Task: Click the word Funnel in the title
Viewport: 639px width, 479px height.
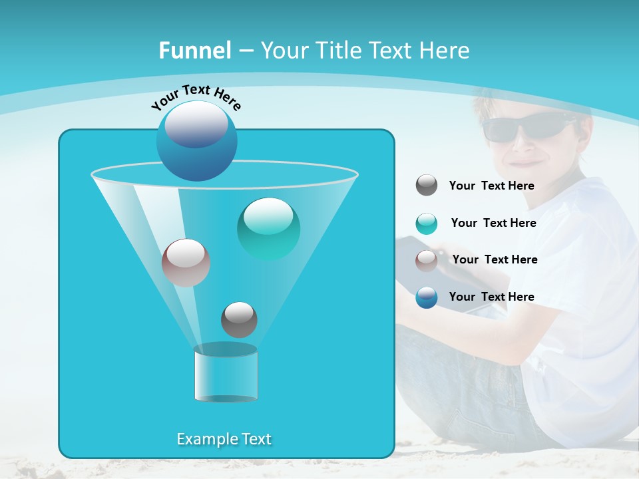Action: (x=194, y=51)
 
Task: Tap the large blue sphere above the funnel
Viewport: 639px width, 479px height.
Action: (x=196, y=140)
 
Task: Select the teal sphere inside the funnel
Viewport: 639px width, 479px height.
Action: (x=268, y=228)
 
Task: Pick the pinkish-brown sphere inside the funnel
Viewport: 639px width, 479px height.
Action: (x=186, y=262)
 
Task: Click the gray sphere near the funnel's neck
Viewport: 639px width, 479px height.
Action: (x=239, y=319)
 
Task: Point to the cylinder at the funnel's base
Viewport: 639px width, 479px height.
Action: (x=226, y=373)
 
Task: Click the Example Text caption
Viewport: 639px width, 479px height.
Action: (x=224, y=439)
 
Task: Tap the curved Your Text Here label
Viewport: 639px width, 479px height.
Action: (x=196, y=97)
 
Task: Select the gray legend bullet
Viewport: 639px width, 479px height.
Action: (x=427, y=186)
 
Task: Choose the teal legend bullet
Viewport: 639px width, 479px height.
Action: (x=427, y=224)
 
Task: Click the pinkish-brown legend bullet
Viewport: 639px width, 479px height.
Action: (x=427, y=261)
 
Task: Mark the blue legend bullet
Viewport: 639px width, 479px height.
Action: (x=427, y=297)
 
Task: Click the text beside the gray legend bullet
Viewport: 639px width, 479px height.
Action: (x=491, y=186)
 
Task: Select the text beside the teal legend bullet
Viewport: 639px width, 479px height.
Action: (x=493, y=224)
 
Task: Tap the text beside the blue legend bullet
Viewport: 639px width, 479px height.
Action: (x=491, y=297)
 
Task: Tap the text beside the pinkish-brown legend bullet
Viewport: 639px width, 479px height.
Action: (x=495, y=260)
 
